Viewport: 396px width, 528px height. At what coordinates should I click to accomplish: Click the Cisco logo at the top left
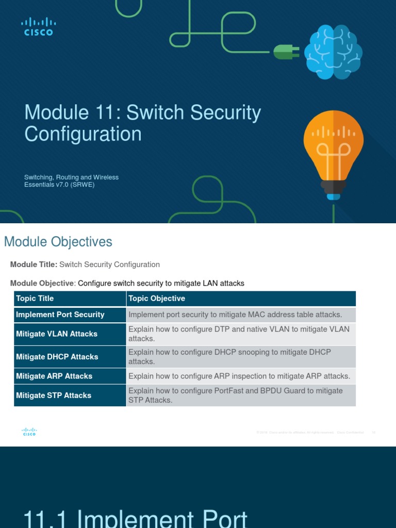point(39,26)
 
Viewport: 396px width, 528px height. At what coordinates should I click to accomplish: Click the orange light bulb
point(333,155)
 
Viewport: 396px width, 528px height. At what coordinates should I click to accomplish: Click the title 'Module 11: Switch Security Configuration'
point(142,123)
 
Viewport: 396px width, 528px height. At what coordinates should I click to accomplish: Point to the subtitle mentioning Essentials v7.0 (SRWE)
point(71,180)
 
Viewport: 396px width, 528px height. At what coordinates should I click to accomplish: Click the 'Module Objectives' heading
point(58,241)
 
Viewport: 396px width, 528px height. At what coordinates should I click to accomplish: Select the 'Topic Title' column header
point(35,299)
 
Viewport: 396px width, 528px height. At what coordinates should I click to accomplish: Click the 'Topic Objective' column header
point(157,299)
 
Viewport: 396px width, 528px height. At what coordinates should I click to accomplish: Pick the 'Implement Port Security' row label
point(60,315)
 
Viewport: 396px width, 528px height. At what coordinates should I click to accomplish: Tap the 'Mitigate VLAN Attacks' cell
point(57,334)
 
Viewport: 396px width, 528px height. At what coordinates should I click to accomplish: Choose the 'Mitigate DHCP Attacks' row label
point(57,356)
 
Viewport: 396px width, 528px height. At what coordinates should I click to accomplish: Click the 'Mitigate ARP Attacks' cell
point(54,376)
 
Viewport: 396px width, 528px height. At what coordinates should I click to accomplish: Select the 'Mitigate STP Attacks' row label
point(54,395)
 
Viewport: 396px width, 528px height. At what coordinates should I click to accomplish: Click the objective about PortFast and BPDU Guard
point(236,395)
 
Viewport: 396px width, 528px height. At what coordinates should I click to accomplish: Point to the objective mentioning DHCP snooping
point(229,356)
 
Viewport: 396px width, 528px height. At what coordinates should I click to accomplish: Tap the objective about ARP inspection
point(239,376)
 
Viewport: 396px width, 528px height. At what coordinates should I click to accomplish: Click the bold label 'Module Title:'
point(34,265)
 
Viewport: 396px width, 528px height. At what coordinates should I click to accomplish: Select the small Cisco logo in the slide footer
point(29,432)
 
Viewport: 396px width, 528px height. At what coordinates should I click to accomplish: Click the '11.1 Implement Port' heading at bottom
point(136,518)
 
